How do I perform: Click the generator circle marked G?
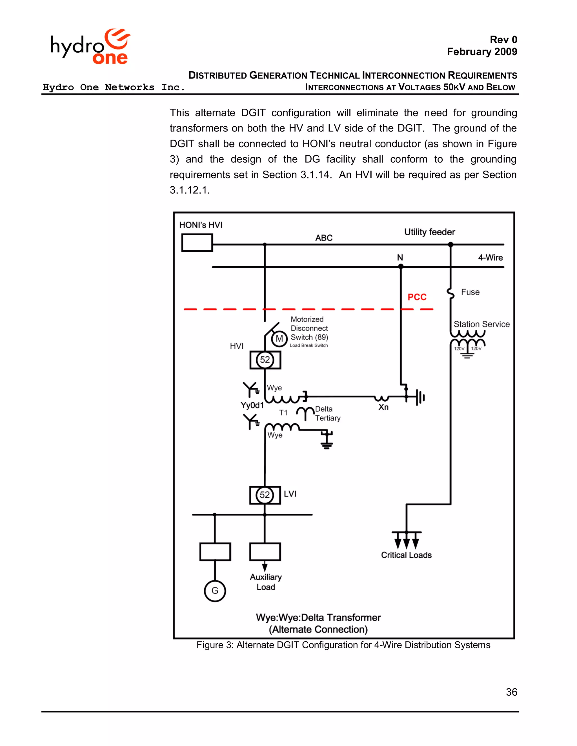pos(215,591)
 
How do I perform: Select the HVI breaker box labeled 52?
pos(265,360)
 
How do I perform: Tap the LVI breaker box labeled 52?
pos(265,495)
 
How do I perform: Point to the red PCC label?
pos(417,297)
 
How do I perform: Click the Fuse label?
pos(470,292)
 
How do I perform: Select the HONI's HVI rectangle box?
pos(197,242)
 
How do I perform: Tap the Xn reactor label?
pos(383,407)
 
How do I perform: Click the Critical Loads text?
pos(406,555)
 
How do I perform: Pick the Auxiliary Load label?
pos(266,582)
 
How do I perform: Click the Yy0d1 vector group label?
pos(252,405)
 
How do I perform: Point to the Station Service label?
pos(481,324)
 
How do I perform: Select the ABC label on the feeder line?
pos(324,238)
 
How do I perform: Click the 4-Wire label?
pos(490,258)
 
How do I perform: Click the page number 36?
pos(511,692)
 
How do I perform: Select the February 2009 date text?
pos(482,52)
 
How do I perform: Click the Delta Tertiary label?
pos(327,413)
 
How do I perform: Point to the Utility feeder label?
pos(429,232)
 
